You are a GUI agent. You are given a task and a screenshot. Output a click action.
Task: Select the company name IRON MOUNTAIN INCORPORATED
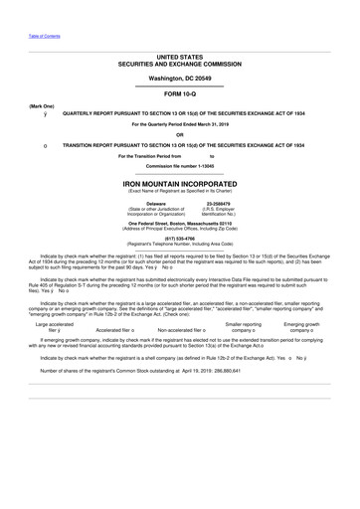[179, 184]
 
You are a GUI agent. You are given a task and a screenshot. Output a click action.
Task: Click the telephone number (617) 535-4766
[179, 239]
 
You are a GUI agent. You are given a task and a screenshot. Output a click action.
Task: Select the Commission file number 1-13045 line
[179, 165]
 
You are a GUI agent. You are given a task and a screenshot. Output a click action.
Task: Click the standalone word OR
[179, 134]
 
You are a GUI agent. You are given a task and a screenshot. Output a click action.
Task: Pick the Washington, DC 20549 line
[179, 76]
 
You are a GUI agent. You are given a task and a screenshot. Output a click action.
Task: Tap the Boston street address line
[179, 223]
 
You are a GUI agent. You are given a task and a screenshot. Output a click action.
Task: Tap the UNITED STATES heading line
[179, 58]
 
